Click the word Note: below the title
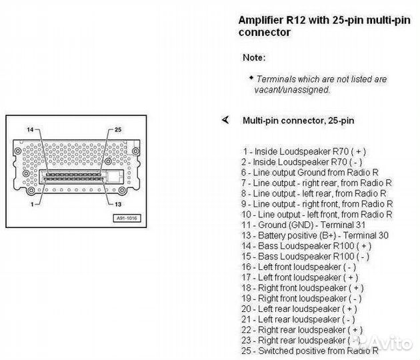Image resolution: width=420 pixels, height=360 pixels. tap(254, 57)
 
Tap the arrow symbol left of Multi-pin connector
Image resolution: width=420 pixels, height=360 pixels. tap(225, 120)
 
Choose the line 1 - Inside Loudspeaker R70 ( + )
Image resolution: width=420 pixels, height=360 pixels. tap(304, 151)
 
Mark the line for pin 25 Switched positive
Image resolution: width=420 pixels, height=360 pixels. tap(309, 351)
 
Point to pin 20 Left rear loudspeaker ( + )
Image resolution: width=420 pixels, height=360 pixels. tap(299, 309)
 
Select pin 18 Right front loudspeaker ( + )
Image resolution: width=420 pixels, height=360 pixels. tap(302, 288)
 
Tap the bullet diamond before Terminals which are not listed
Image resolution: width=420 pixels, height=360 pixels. tap(251, 77)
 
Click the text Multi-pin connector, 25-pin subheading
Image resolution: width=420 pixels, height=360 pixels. tap(298, 121)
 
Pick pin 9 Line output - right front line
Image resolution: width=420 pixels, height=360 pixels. tap(316, 203)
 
